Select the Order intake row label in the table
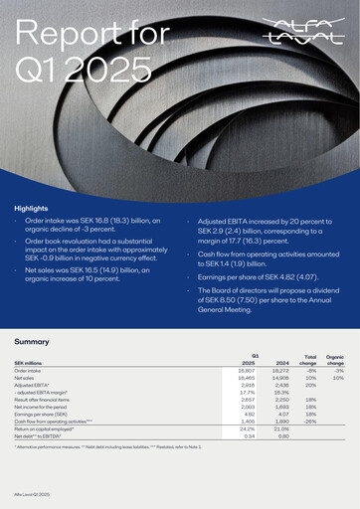pyautogui.click(x=28, y=371)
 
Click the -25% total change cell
pyautogui.click(x=310, y=422)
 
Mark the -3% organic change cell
pyautogui.click(x=338, y=371)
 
